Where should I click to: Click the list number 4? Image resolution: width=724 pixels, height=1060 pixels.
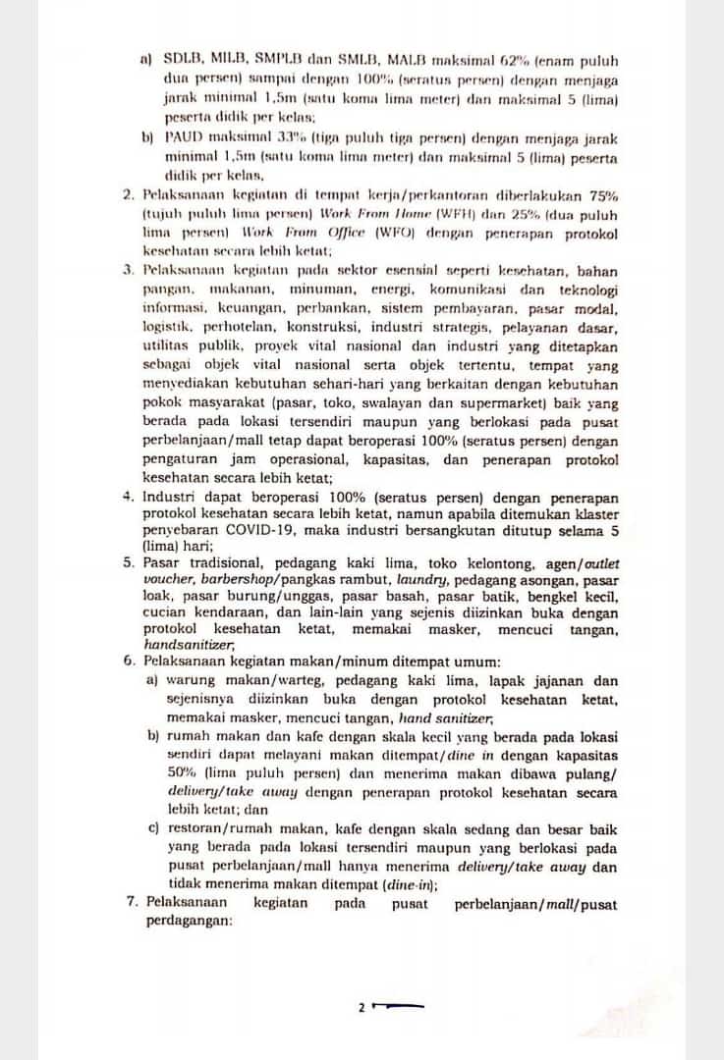pyautogui.click(x=129, y=497)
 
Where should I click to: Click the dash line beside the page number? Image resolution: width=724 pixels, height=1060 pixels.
pyautogui.click(x=399, y=1006)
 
